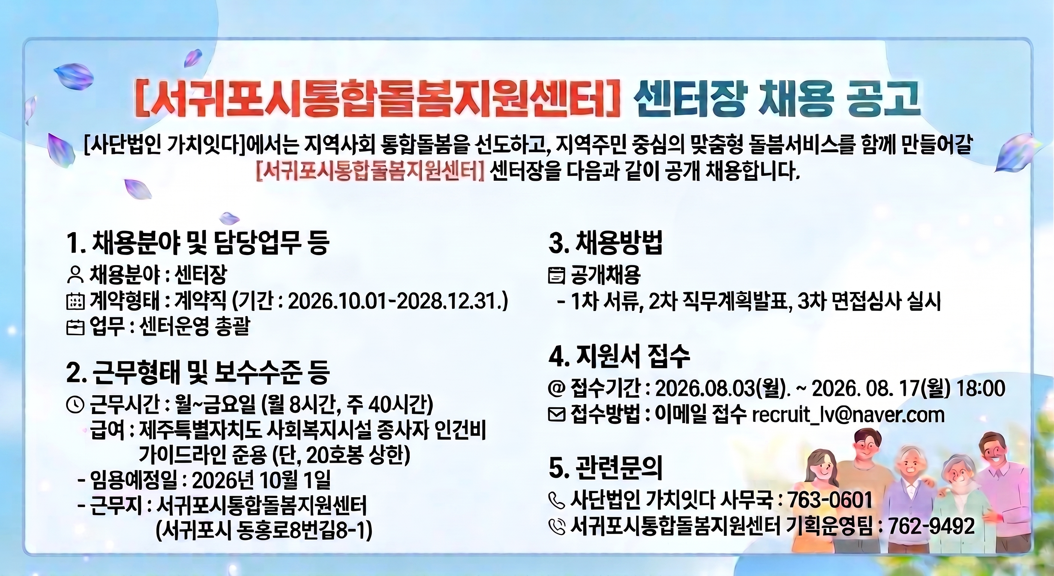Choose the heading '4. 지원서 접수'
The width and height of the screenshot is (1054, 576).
pos(619,357)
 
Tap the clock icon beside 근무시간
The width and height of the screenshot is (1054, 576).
pos(75,405)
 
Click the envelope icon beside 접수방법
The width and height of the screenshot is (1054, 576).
pos(557,415)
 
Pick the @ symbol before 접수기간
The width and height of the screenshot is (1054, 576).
pos(557,388)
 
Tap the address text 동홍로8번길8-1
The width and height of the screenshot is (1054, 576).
pos(294,532)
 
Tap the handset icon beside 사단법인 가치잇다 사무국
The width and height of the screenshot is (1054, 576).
pos(557,500)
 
